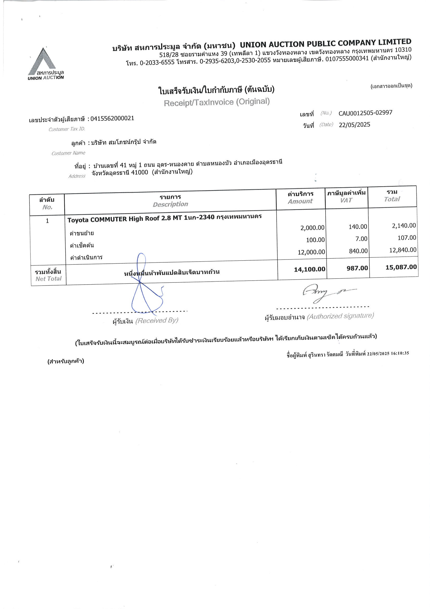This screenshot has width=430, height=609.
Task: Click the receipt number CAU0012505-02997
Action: (365, 113)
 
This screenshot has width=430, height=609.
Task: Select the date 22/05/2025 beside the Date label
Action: (354, 125)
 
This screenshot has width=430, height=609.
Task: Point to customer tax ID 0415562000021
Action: (112, 118)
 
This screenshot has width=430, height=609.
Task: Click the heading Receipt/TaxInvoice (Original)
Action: (216, 102)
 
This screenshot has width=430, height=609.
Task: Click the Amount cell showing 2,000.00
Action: (312, 228)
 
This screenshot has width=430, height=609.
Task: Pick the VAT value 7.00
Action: (361, 239)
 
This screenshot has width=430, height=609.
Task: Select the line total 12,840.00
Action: (402, 250)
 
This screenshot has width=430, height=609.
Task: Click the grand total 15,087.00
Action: (401, 267)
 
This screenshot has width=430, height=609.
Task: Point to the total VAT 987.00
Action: (357, 268)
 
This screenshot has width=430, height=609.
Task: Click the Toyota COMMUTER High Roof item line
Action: (164, 218)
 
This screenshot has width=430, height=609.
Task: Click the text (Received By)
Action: (157, 321)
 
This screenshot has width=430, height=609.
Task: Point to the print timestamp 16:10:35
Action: (400, 353)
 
